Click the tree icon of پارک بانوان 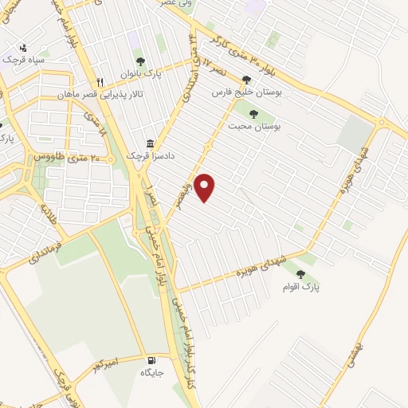(x=140, y=61)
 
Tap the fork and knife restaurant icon (x=100, y=81)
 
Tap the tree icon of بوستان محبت (x=253, y=112)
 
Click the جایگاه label (x=152, y=372)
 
